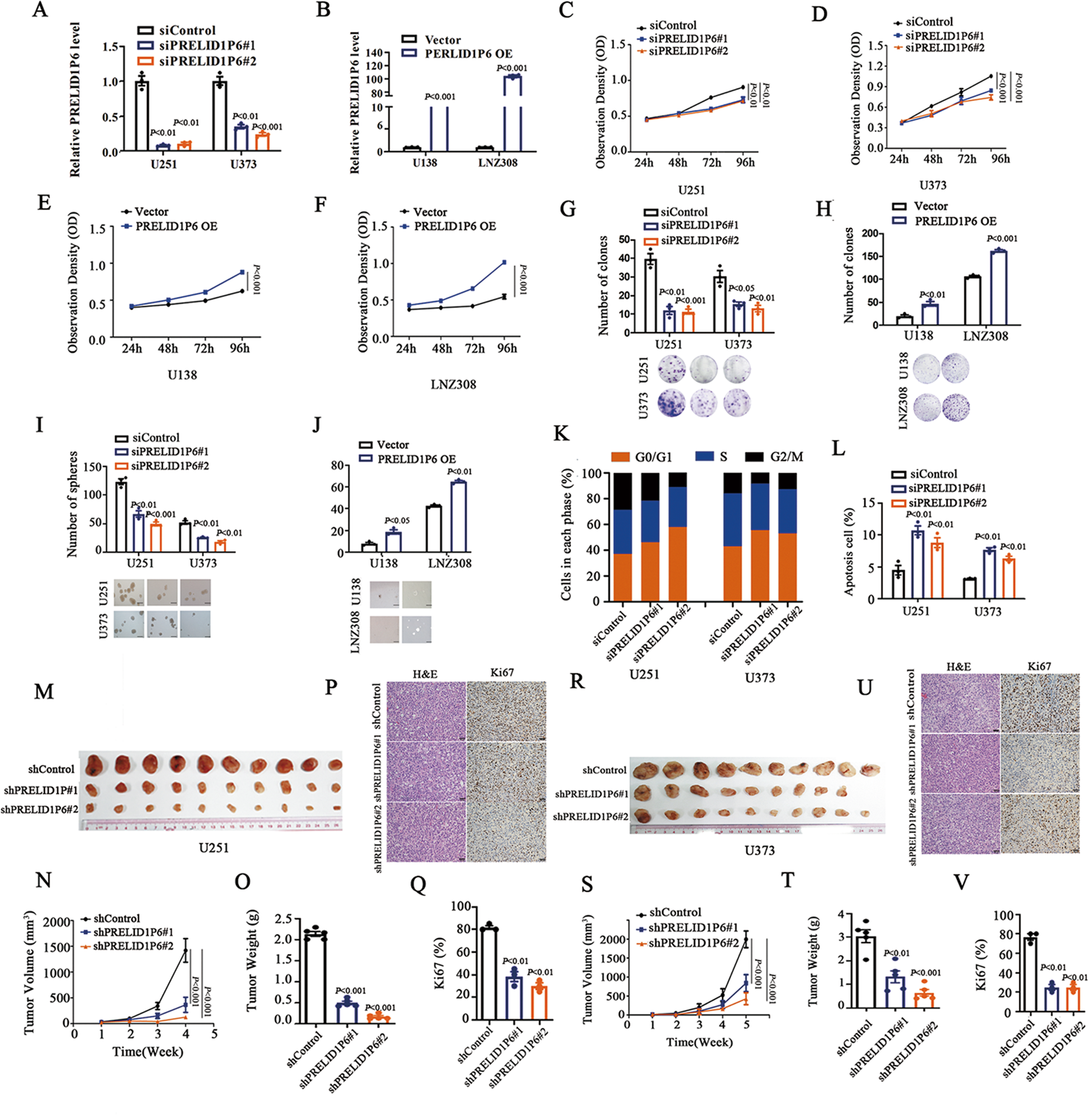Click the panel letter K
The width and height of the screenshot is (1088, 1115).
(562, 433)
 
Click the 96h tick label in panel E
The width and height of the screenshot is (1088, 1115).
(239, 348)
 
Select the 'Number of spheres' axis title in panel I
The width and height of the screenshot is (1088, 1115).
(72, 504)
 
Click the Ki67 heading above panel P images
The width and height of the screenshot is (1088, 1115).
(501, 673)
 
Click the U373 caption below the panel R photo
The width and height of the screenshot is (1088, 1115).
(759, 850)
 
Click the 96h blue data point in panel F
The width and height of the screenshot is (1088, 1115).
(504, 263)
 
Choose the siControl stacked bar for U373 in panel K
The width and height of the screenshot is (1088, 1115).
(733, 537)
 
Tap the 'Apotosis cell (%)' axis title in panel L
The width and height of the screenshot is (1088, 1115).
(849, 551)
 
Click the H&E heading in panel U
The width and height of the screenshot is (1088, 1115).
(958, 667)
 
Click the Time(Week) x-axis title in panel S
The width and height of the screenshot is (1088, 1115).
(699, 1042)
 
